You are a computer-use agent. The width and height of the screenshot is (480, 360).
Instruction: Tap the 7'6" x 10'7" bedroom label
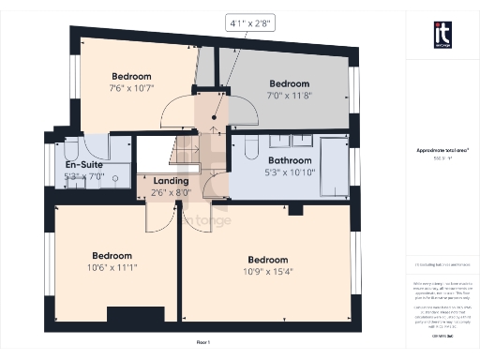coord(133,89)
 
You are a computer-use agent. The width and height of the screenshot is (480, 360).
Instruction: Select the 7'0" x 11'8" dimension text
coord(290,95)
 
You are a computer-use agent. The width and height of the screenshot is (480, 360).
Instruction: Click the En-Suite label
coord(83,164)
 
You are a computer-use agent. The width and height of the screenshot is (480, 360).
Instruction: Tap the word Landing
coord(171,181)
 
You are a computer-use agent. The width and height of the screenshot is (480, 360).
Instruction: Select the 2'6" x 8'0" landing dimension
coord(171,193)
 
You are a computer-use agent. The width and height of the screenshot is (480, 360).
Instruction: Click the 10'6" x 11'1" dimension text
coord(112,267)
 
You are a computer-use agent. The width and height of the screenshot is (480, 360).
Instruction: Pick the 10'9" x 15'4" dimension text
coord(268,272)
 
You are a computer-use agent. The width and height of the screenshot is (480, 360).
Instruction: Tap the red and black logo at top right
coord(442,35)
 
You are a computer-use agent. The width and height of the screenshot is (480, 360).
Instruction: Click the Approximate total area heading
coord(442,150)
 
